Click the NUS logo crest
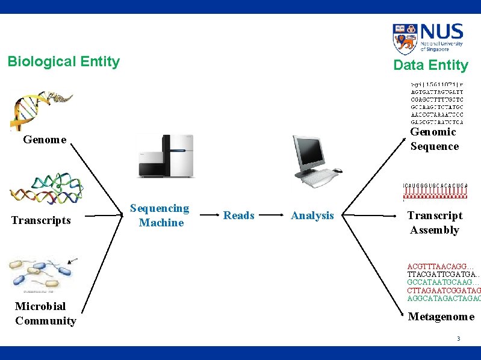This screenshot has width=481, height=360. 404,39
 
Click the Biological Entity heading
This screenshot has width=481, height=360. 63,61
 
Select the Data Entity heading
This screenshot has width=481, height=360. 430,65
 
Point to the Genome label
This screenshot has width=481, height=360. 45,140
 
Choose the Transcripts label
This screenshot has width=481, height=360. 41,220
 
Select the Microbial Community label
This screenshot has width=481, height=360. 46,314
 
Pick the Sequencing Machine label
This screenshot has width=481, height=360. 160,216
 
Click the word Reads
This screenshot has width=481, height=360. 239,216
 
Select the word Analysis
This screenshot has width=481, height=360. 312,216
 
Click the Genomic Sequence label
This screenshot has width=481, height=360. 434,139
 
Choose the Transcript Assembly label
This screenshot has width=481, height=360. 435,223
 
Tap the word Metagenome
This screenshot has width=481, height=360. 441,317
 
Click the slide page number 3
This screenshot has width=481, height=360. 458,339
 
